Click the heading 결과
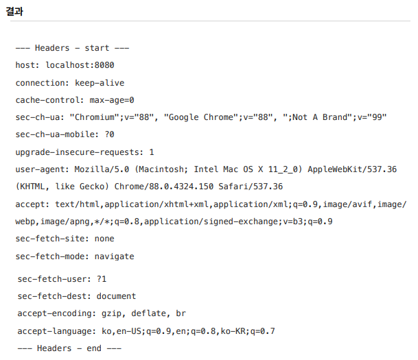[16, 10]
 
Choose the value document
[117, 296]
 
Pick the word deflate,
[150, 313]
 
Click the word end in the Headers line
[94, 348]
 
